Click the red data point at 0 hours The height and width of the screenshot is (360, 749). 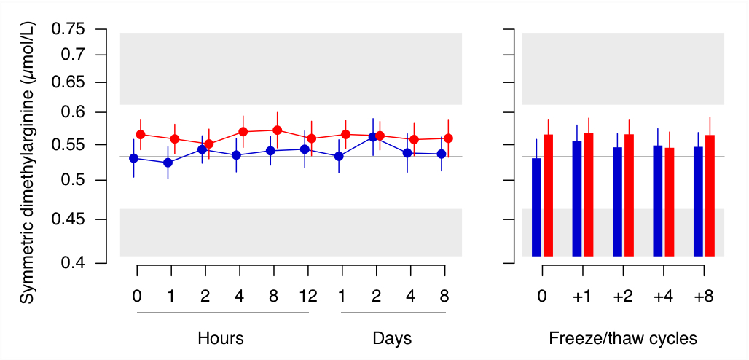tap(141, 135)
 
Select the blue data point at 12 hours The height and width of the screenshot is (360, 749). tap(305, 149)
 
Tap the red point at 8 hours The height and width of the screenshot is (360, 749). tap(277, 130)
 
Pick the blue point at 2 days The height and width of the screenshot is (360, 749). tap(373, 137)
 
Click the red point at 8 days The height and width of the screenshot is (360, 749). tap(448, 138)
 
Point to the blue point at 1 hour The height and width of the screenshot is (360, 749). tap(168, 163)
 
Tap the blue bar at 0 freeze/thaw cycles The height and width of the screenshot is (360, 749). tap(537, 207)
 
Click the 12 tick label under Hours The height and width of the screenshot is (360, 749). tap(308, 297)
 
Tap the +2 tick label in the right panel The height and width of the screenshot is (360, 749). tap(622, 297)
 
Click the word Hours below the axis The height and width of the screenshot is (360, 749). tap(220, 339)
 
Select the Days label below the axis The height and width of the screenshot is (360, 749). tap(392, 339)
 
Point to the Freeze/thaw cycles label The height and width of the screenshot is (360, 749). tap(623, 339)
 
